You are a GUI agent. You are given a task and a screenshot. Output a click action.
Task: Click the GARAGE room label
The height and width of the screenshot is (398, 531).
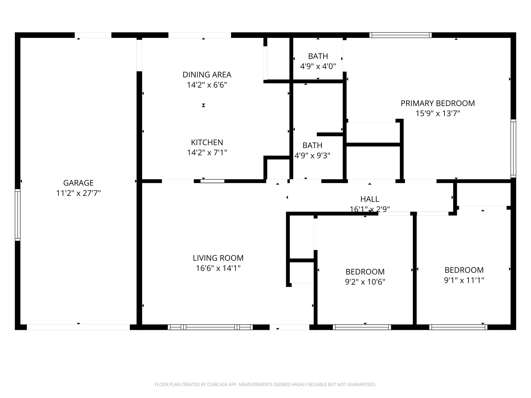(78, 183)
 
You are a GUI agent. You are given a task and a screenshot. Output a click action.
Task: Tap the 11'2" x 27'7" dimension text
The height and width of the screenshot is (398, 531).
(78, 193)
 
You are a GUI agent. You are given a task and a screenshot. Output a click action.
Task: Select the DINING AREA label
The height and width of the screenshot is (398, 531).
(207, 75)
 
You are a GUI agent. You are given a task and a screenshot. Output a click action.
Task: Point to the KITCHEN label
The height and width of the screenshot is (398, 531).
(207, 142)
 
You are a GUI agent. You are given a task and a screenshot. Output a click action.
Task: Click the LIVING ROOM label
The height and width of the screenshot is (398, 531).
(218, 258)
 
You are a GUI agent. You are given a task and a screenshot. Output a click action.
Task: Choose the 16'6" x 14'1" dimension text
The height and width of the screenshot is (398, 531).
(218, 268)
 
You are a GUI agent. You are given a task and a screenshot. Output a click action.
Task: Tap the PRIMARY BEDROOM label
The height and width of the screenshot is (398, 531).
(438, 103)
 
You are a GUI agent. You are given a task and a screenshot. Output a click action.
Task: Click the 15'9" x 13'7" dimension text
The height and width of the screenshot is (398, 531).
(438, 113)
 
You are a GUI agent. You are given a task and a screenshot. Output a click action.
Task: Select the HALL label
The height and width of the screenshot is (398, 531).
(370, 199)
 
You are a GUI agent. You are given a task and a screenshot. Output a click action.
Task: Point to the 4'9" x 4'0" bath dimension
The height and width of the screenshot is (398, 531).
(318, 67)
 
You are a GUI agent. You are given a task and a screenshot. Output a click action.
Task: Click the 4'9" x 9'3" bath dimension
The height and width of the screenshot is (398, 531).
(312, 156)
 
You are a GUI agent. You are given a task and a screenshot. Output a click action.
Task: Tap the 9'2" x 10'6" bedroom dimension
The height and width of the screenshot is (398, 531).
(365, 282)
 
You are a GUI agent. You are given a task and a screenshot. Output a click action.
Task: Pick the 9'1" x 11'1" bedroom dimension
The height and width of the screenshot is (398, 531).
(464, 280)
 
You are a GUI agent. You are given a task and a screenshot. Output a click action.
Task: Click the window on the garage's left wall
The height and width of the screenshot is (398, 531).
(17, 215)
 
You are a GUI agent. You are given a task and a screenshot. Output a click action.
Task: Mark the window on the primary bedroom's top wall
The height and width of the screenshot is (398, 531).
(400, 35)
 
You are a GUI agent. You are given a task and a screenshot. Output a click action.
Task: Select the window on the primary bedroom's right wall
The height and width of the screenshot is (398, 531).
(513, 148)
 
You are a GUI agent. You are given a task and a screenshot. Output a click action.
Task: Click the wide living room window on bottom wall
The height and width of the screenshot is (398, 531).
(210, 327)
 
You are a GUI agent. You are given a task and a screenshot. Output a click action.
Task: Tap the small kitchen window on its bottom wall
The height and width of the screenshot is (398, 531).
(212, 181)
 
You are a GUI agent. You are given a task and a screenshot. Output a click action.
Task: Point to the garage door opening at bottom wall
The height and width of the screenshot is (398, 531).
(78, 327)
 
